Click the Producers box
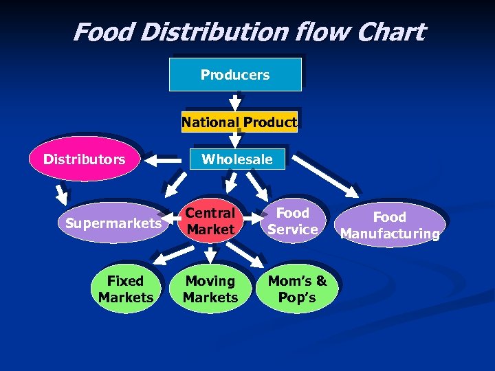[x=235, y=74]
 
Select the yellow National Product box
[x=239, y=122]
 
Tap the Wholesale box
[x=236, y=159]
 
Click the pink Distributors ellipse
[x=85, y=159]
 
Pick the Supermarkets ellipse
[x=112, y=223]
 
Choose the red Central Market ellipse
[x=210, y=221]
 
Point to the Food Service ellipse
[x=293, y=221]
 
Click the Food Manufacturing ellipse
[x=390, y=225]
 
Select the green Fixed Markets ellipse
[x=125, y=289]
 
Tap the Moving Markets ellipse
[x=210, y=289]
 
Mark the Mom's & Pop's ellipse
[x=297, y=289]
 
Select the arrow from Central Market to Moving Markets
[x=210, y=255]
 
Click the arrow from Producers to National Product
[x=235, y=100]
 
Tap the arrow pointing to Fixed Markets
[x=162, y=258]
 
